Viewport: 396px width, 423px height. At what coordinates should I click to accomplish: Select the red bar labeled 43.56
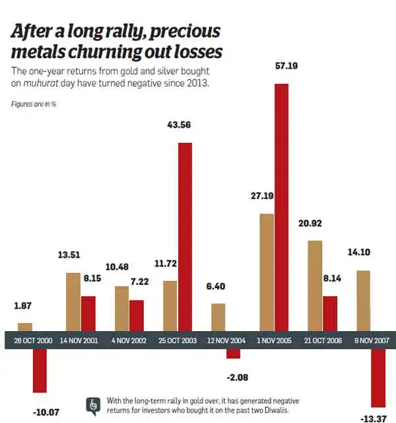185,236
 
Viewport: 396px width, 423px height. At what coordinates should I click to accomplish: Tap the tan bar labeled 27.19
266,272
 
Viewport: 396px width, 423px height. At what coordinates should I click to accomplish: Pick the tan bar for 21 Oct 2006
314,285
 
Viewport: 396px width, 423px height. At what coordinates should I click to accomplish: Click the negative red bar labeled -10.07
40,370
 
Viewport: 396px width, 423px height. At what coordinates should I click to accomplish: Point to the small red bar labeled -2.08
234,353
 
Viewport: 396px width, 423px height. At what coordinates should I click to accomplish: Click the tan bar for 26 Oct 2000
25,327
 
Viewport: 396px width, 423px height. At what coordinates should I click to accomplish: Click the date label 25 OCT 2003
178,340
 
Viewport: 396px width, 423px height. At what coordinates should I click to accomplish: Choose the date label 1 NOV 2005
274,340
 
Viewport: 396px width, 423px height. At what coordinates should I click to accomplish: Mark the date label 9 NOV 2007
372,340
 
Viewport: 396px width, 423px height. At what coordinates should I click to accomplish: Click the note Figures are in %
33,104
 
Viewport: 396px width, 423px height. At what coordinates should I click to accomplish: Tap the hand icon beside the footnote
94,404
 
